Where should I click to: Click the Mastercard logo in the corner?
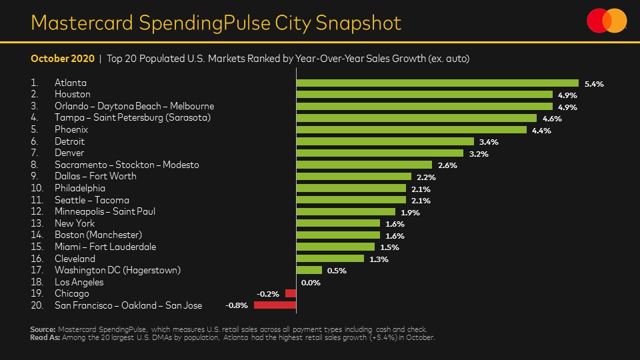coord(607,21)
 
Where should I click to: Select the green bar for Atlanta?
coord(437,83)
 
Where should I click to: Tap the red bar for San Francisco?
coord(275,305)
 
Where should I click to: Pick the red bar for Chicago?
coord(291,293)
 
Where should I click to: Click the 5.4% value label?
coord(594,84)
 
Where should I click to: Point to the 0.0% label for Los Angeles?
coord(311,283)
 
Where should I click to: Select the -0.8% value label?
coord(237,306)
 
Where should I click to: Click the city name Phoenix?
coord(71,129)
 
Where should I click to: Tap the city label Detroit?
coord(70,141)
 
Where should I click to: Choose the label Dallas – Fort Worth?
coord(95,176)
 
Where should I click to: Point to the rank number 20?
coord(37,305)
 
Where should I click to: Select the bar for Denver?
coord(379,153)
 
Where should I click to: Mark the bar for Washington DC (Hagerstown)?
coord(309,270)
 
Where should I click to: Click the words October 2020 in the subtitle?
coord(63,59)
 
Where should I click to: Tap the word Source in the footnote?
coord(43,329)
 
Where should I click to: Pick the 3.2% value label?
coord(478,154)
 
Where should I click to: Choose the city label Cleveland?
coord(75,259)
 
